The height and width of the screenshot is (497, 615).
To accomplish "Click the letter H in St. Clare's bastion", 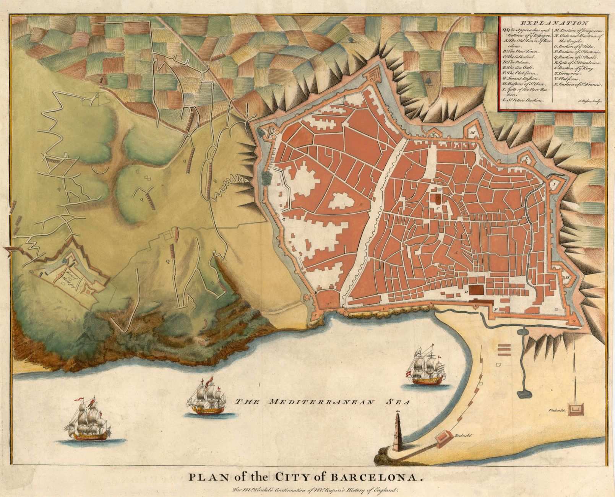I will click(x=568, y=277).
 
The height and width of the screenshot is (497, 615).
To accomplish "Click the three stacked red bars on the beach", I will click(x=504, y=349).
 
